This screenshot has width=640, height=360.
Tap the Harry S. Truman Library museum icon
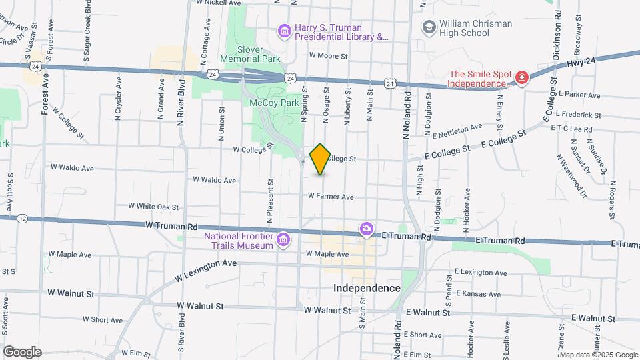click(285, 31)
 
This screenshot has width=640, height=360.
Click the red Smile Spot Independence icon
click(521, 78)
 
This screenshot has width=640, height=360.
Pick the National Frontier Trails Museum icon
click(284, 239)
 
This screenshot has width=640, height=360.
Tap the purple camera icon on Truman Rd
click(366, 229)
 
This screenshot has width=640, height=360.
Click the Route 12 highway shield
click(23, 218)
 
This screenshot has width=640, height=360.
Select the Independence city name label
click(367, 288)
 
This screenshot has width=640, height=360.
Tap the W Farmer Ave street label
click(331, 197)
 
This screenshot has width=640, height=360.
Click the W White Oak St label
click(153, 207)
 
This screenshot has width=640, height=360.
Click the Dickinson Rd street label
click(558, 34)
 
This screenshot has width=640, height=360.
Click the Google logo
click(22, 351)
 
